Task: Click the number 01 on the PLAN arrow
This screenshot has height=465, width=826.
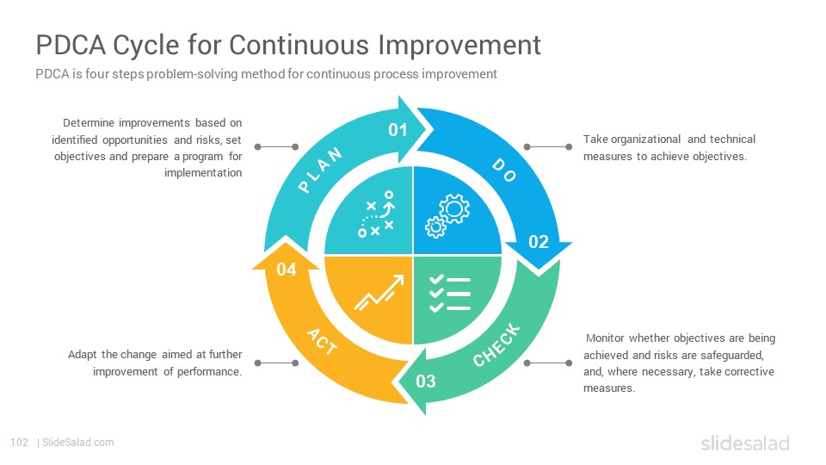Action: (398, 130)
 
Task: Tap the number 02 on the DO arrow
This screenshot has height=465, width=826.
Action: (539, 242)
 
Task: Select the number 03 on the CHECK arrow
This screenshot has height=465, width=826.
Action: (426, 381)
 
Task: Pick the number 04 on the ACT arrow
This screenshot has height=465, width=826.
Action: (287, 270)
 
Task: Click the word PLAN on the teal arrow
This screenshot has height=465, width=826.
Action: (320, 170)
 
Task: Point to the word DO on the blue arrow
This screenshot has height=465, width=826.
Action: (504, 170)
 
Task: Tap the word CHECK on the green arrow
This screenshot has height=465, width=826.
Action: (496, 345)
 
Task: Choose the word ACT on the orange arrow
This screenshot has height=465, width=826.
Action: (322, 342)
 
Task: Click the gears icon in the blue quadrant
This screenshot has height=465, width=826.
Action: (447, 216)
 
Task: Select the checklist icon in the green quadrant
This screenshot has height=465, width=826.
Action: (450, 294)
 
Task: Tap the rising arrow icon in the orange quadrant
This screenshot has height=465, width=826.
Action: (379, 292)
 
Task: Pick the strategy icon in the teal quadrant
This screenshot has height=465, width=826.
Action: (376, 214)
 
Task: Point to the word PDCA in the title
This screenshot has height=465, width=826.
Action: (71, 45)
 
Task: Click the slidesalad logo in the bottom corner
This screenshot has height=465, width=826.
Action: (745, 443)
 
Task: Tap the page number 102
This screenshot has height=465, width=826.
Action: (20, 443)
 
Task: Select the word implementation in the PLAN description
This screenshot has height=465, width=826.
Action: (203, 173)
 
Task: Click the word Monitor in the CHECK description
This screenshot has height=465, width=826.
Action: (605, 338)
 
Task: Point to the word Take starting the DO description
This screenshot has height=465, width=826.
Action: (595, 139)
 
